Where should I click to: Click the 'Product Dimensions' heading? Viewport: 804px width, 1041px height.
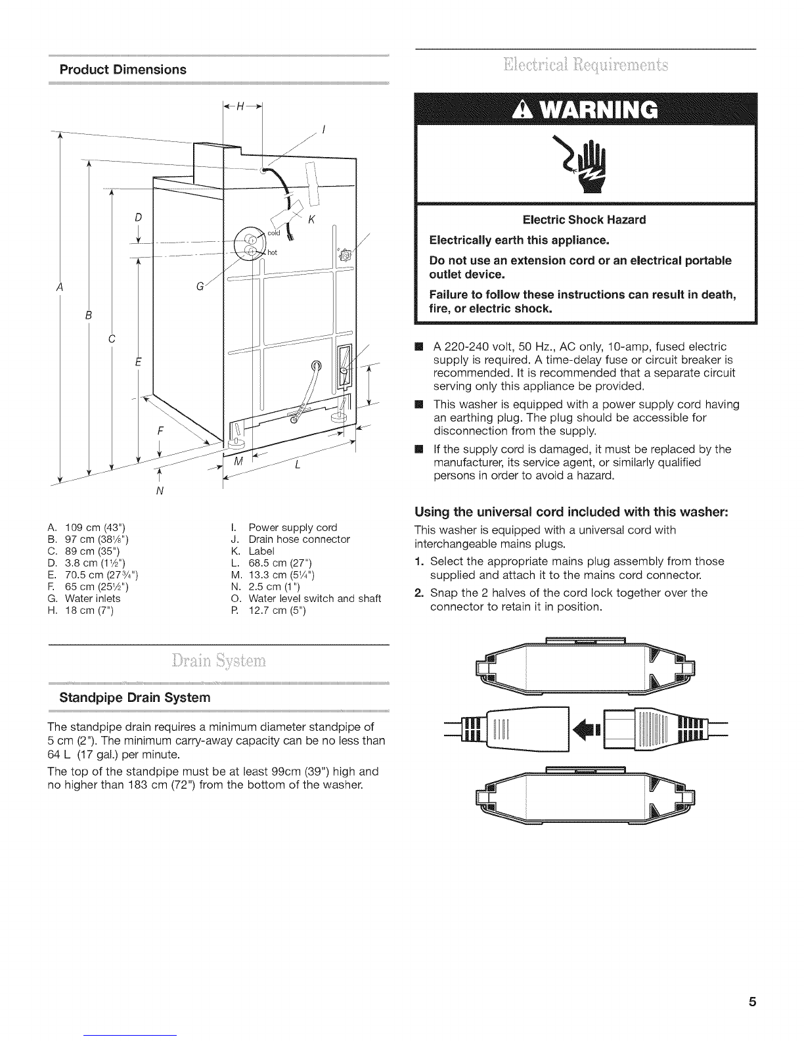123,70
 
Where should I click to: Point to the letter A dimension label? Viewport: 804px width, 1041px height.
60,287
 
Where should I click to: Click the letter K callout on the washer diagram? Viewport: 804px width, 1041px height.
312,219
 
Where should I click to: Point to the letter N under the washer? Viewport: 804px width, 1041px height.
160,490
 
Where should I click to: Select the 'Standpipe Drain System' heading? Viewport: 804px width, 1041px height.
135,697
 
